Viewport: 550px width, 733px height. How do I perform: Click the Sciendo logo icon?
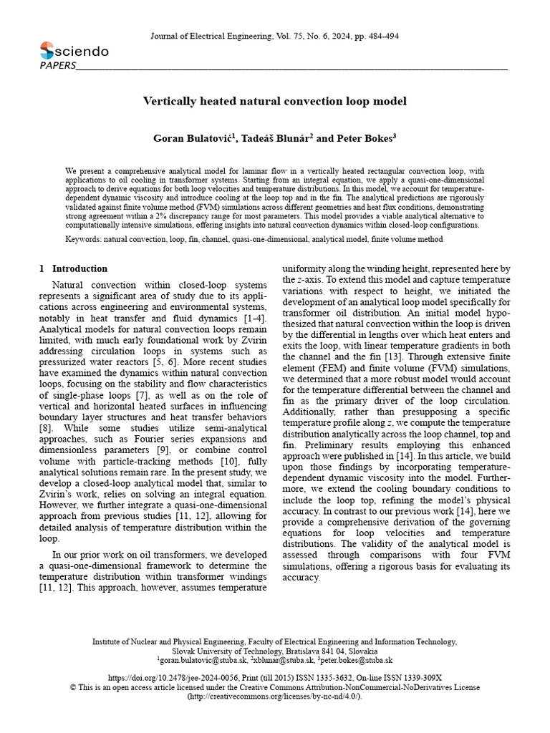tap(47, 51)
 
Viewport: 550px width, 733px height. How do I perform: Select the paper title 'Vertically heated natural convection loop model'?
tap(275, 101)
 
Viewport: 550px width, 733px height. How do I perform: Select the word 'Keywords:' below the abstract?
tap(83, 239)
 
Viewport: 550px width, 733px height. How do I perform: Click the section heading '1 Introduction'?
tap(74, 268)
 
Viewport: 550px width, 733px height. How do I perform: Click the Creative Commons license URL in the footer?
tap(275, 696)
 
